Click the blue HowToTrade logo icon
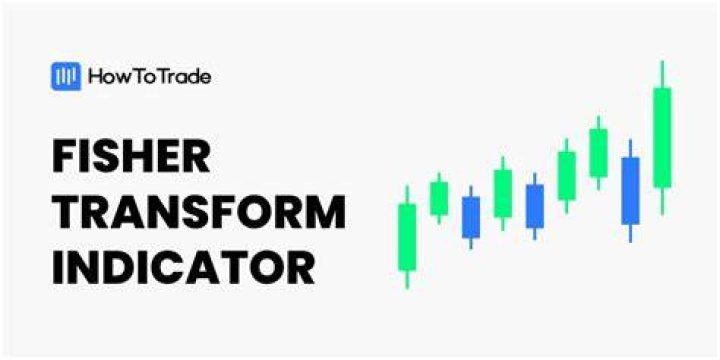point(66,76)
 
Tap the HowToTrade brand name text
point(150,77)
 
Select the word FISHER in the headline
point(131,156)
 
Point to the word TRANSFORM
point(199,212)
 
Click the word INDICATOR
point(184,267)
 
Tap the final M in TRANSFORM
point(326,212)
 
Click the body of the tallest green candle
point(662,137)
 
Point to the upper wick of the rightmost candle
point(662,74)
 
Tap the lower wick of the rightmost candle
point(662,201)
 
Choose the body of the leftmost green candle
point(407,237)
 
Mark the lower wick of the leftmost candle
point(407,279)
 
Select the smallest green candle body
point(439,198)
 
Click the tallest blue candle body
point(630,191)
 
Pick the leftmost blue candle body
point(471,217)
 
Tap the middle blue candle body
point(534,206)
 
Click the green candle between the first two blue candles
point(503,193)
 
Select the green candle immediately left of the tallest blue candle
point(598,153)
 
